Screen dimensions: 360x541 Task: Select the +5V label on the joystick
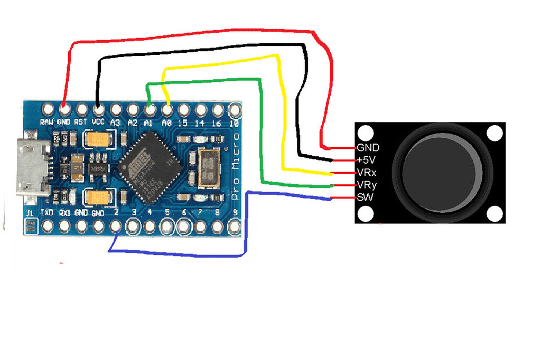point(367,160)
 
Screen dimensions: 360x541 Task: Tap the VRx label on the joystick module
point(367,173)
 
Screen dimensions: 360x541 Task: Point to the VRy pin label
point(367,185)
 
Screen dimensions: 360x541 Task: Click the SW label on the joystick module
point(364,198)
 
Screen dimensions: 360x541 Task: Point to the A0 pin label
point(167,122)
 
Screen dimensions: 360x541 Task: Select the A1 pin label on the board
point(150,122)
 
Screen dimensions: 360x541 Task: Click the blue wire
point(180,255)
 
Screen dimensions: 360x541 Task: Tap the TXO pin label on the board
point(48,213)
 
